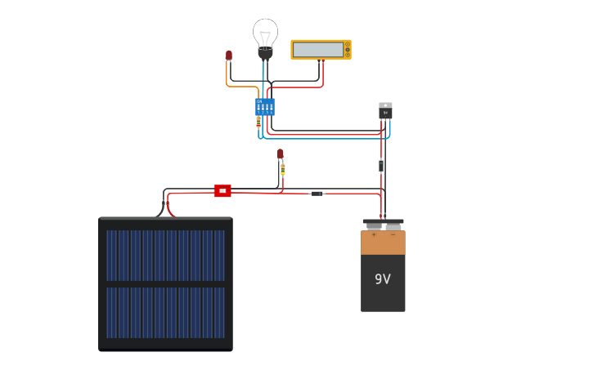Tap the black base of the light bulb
265,54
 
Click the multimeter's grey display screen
318,50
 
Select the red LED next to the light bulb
229,56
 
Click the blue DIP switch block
265,106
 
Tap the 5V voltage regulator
385,110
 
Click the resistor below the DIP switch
258,122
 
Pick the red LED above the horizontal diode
281,154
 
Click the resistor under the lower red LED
283,169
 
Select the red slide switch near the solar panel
222,190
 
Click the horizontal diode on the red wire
317,194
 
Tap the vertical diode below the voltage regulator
381,166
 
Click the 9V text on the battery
383,279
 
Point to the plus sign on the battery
374,235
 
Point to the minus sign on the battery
393,235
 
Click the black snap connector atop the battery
383,221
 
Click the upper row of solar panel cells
165,255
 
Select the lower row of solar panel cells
165,312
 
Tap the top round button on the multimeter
347,44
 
